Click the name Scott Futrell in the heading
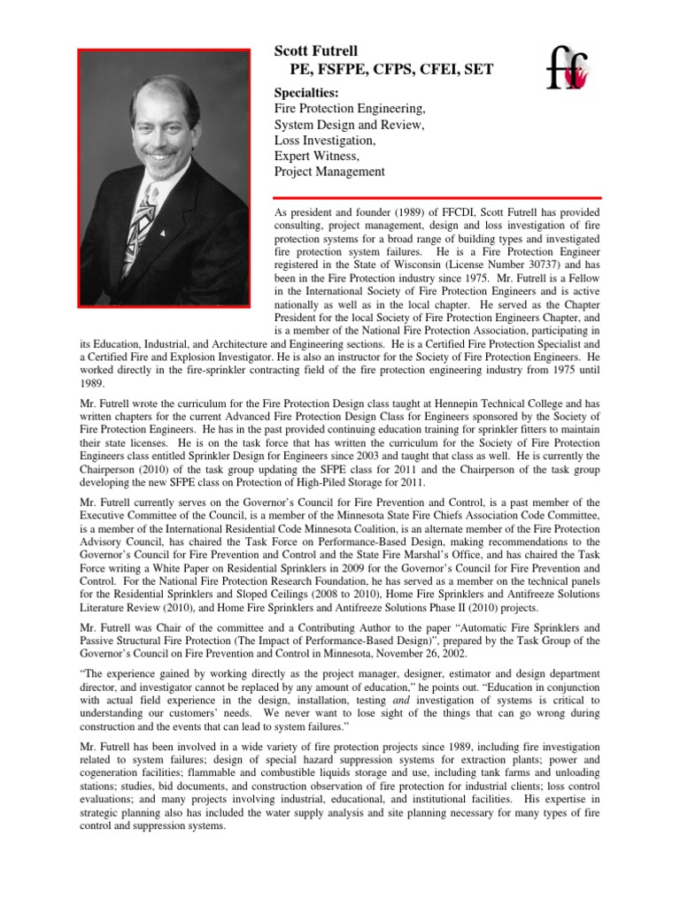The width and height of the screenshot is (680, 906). coord(315,52)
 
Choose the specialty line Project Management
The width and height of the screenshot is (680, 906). coord(329,172)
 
